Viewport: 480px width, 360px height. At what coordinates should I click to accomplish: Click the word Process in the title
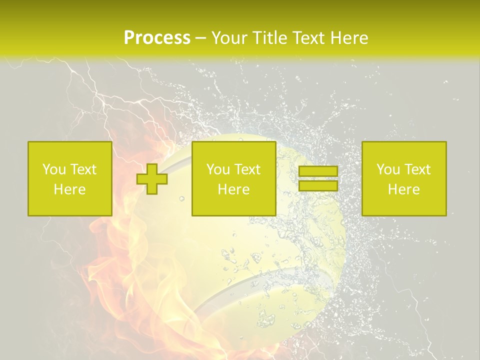coord(157,38)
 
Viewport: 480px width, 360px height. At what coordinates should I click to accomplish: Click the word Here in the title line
coord(350,38)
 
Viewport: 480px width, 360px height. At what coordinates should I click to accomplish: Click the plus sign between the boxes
coord(152,178)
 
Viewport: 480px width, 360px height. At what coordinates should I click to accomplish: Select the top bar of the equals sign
coord(318,171)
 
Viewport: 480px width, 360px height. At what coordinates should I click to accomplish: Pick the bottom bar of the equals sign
coord(318,185)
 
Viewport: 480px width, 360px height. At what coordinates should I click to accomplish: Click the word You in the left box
coord(54,169)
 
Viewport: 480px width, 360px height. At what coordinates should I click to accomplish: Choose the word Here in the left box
coord(69,189)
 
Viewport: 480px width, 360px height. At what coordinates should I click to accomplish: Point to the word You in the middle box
coord(218,169)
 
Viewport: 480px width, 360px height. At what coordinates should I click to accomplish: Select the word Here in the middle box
coord(233,189)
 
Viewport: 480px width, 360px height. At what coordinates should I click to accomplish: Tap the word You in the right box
coord(388,169)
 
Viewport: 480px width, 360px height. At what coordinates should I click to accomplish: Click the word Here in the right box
coord(403,189)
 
